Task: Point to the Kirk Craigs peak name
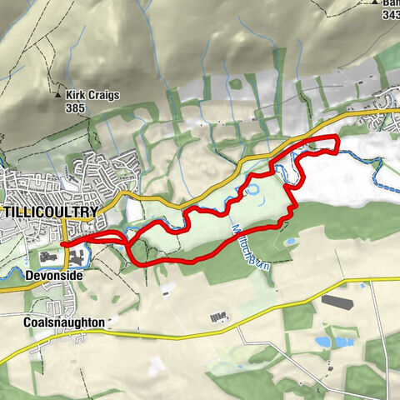[95, 95]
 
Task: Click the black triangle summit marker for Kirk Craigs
[58, 95]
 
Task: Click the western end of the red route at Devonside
[62, 243]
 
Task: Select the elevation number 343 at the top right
[392, 14]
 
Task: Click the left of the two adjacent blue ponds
[322, 342]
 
